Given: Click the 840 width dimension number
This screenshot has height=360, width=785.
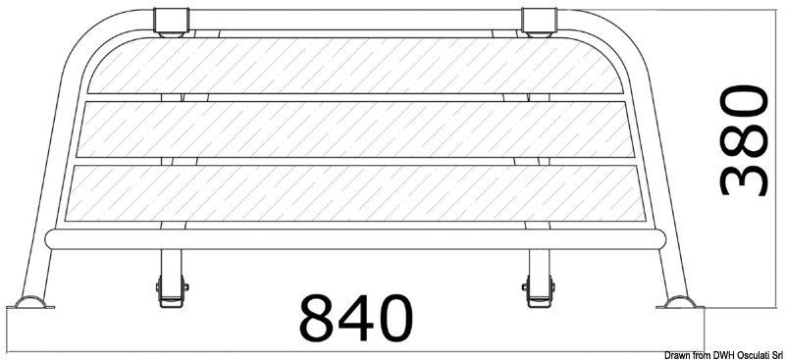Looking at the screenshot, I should tap(354, 317).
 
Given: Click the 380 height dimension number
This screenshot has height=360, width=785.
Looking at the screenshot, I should tap(742, 139).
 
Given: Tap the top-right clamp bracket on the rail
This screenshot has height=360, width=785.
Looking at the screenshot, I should tap(538, 23).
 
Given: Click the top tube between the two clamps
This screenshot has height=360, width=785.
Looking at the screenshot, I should tap(353, 17).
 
